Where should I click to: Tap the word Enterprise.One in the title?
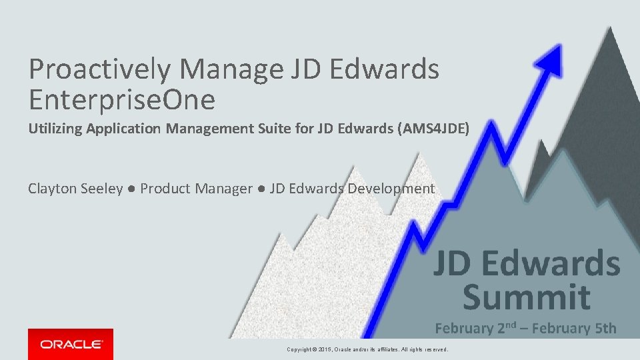click(122, 99)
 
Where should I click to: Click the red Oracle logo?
click(71, 344)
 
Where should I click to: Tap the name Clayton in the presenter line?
click(52, 189)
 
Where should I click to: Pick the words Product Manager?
click(196, 189)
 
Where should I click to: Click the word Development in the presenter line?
click(390, 189)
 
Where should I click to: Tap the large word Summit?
click(527, 297)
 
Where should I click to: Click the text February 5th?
click(577, 328)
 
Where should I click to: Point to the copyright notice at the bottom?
click(367, 349)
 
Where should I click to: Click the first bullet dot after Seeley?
click(131, 189)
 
